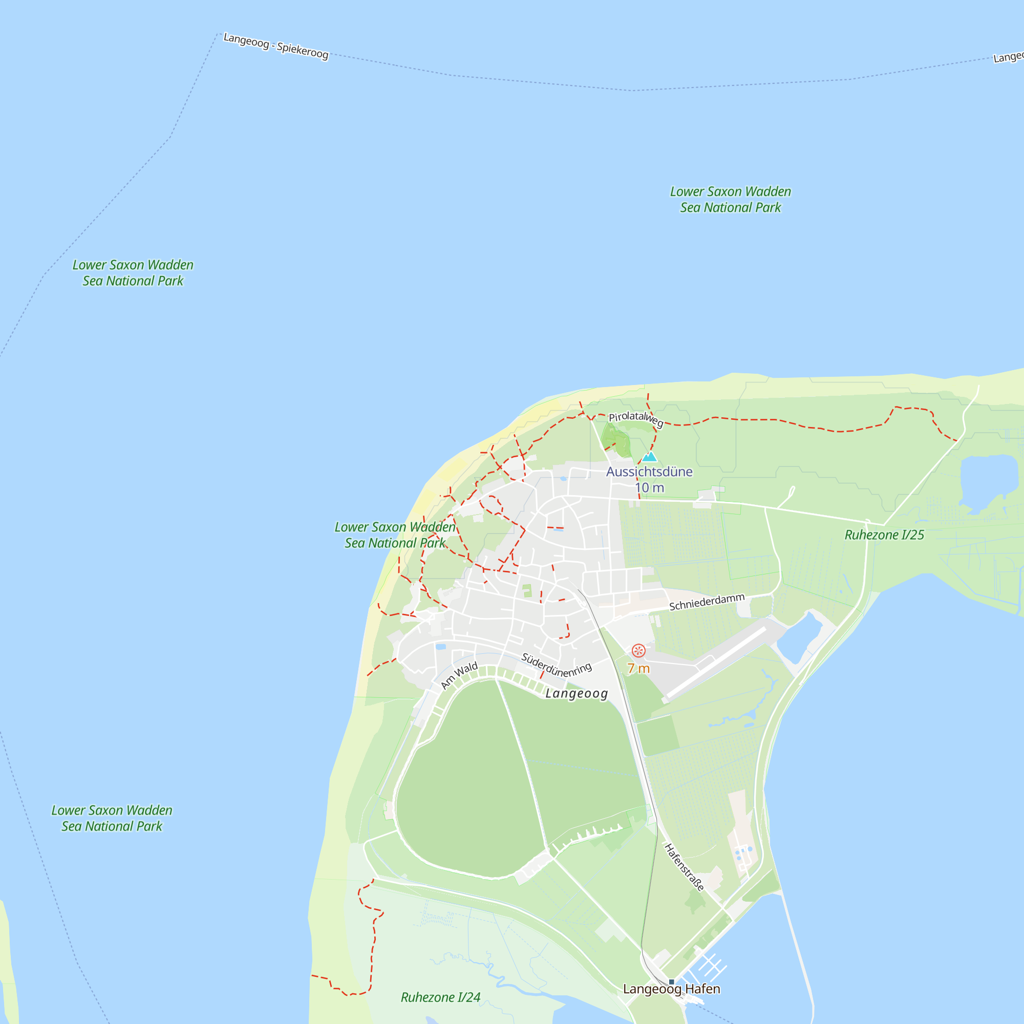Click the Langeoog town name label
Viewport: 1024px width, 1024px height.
click(x=576, y=693)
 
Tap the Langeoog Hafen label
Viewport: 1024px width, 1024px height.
click(x=672, y=989)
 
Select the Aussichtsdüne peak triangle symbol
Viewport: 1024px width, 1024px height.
click(x=649, y=456)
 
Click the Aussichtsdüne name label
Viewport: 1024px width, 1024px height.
click(x=649, y=472)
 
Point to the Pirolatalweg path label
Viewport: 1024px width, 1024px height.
click(x=635, y=419)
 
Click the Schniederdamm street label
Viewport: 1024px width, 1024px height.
click(x=707, y=602)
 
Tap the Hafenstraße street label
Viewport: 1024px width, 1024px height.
click(x=684, y=868)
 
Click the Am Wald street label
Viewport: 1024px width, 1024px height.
click(x=459, y=676)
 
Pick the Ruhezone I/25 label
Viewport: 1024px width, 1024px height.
click(x=884, y=535)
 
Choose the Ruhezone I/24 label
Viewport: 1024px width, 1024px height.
click(x=440, y=997)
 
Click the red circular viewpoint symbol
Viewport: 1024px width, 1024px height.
click(x=638, y=650)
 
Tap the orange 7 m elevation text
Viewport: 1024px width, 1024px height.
click(x=638, y=668)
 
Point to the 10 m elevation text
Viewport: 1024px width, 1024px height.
click(x=649, y=487)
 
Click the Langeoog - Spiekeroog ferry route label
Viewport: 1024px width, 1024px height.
click(x=275, y=46)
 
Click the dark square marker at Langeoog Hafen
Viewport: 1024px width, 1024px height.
click(x=672, y=982)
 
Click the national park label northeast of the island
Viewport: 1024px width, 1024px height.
click(x=731, y=199)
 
